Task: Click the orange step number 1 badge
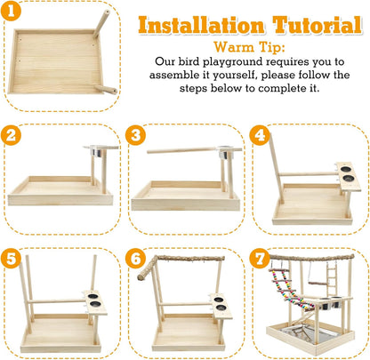(11, 11)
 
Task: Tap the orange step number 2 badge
(11, 135)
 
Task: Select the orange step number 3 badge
(135, 135)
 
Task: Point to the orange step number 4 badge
(260, 135)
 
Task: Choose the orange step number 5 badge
(11, 259)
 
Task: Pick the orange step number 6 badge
(135, 259)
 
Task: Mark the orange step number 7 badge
(260, 259)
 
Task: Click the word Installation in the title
(201, 25)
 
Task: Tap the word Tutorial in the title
(317, 25)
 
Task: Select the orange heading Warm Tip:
(249, 47)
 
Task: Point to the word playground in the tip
(233, 62)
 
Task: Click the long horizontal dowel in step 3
(183, 150)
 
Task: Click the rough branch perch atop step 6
(181, 265)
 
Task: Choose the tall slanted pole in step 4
(277, 168)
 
